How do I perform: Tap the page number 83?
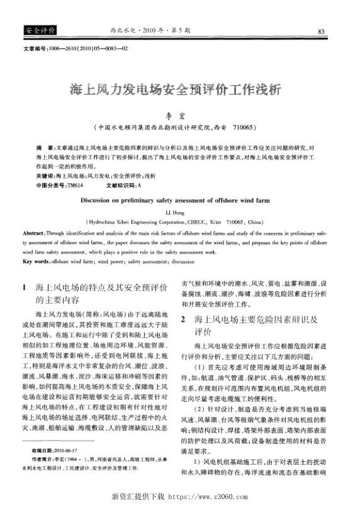(x=321, y=31)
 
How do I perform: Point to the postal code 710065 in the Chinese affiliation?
(x=244, y=127)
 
